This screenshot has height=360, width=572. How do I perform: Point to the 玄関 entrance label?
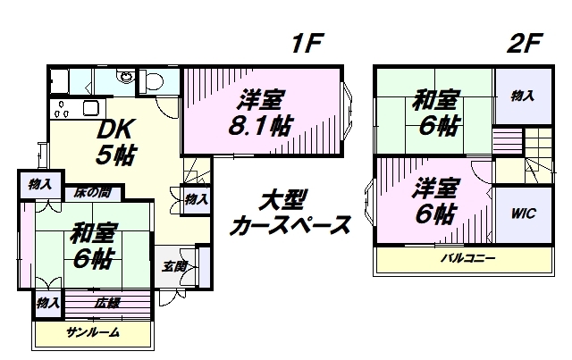[175, 266]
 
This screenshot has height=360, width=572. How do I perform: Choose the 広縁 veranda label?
[108, 302]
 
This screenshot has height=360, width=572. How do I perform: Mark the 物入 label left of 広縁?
[47, 303]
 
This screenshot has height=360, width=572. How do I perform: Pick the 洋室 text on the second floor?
[435, 188]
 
